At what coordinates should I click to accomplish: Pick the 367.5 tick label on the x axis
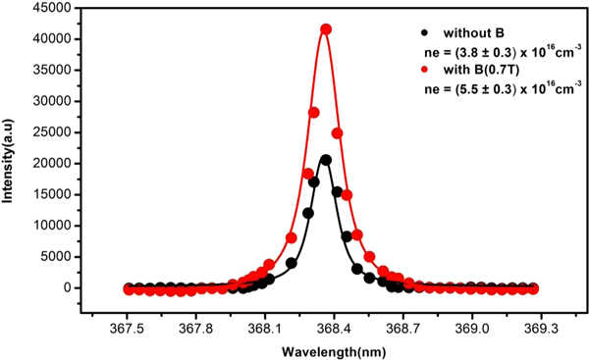129,331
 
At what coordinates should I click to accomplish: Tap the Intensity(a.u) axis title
11,162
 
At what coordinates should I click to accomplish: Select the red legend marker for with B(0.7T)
423,71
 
